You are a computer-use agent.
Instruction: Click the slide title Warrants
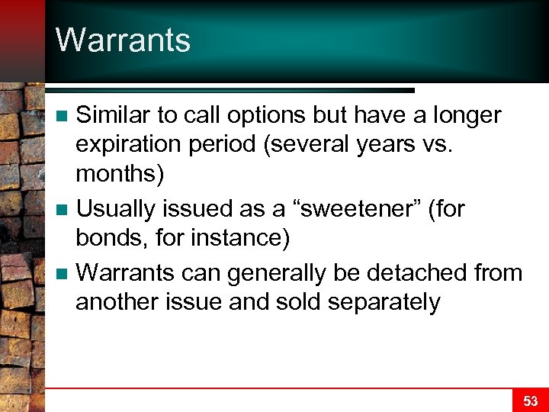click(x=123, y=40)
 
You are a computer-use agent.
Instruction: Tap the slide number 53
click(x=530, y=401)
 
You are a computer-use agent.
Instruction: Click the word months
click(x=115, y=175)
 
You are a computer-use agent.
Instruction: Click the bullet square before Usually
click(x=65, y=208)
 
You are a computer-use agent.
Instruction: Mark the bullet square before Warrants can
click(x=65, y=273)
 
